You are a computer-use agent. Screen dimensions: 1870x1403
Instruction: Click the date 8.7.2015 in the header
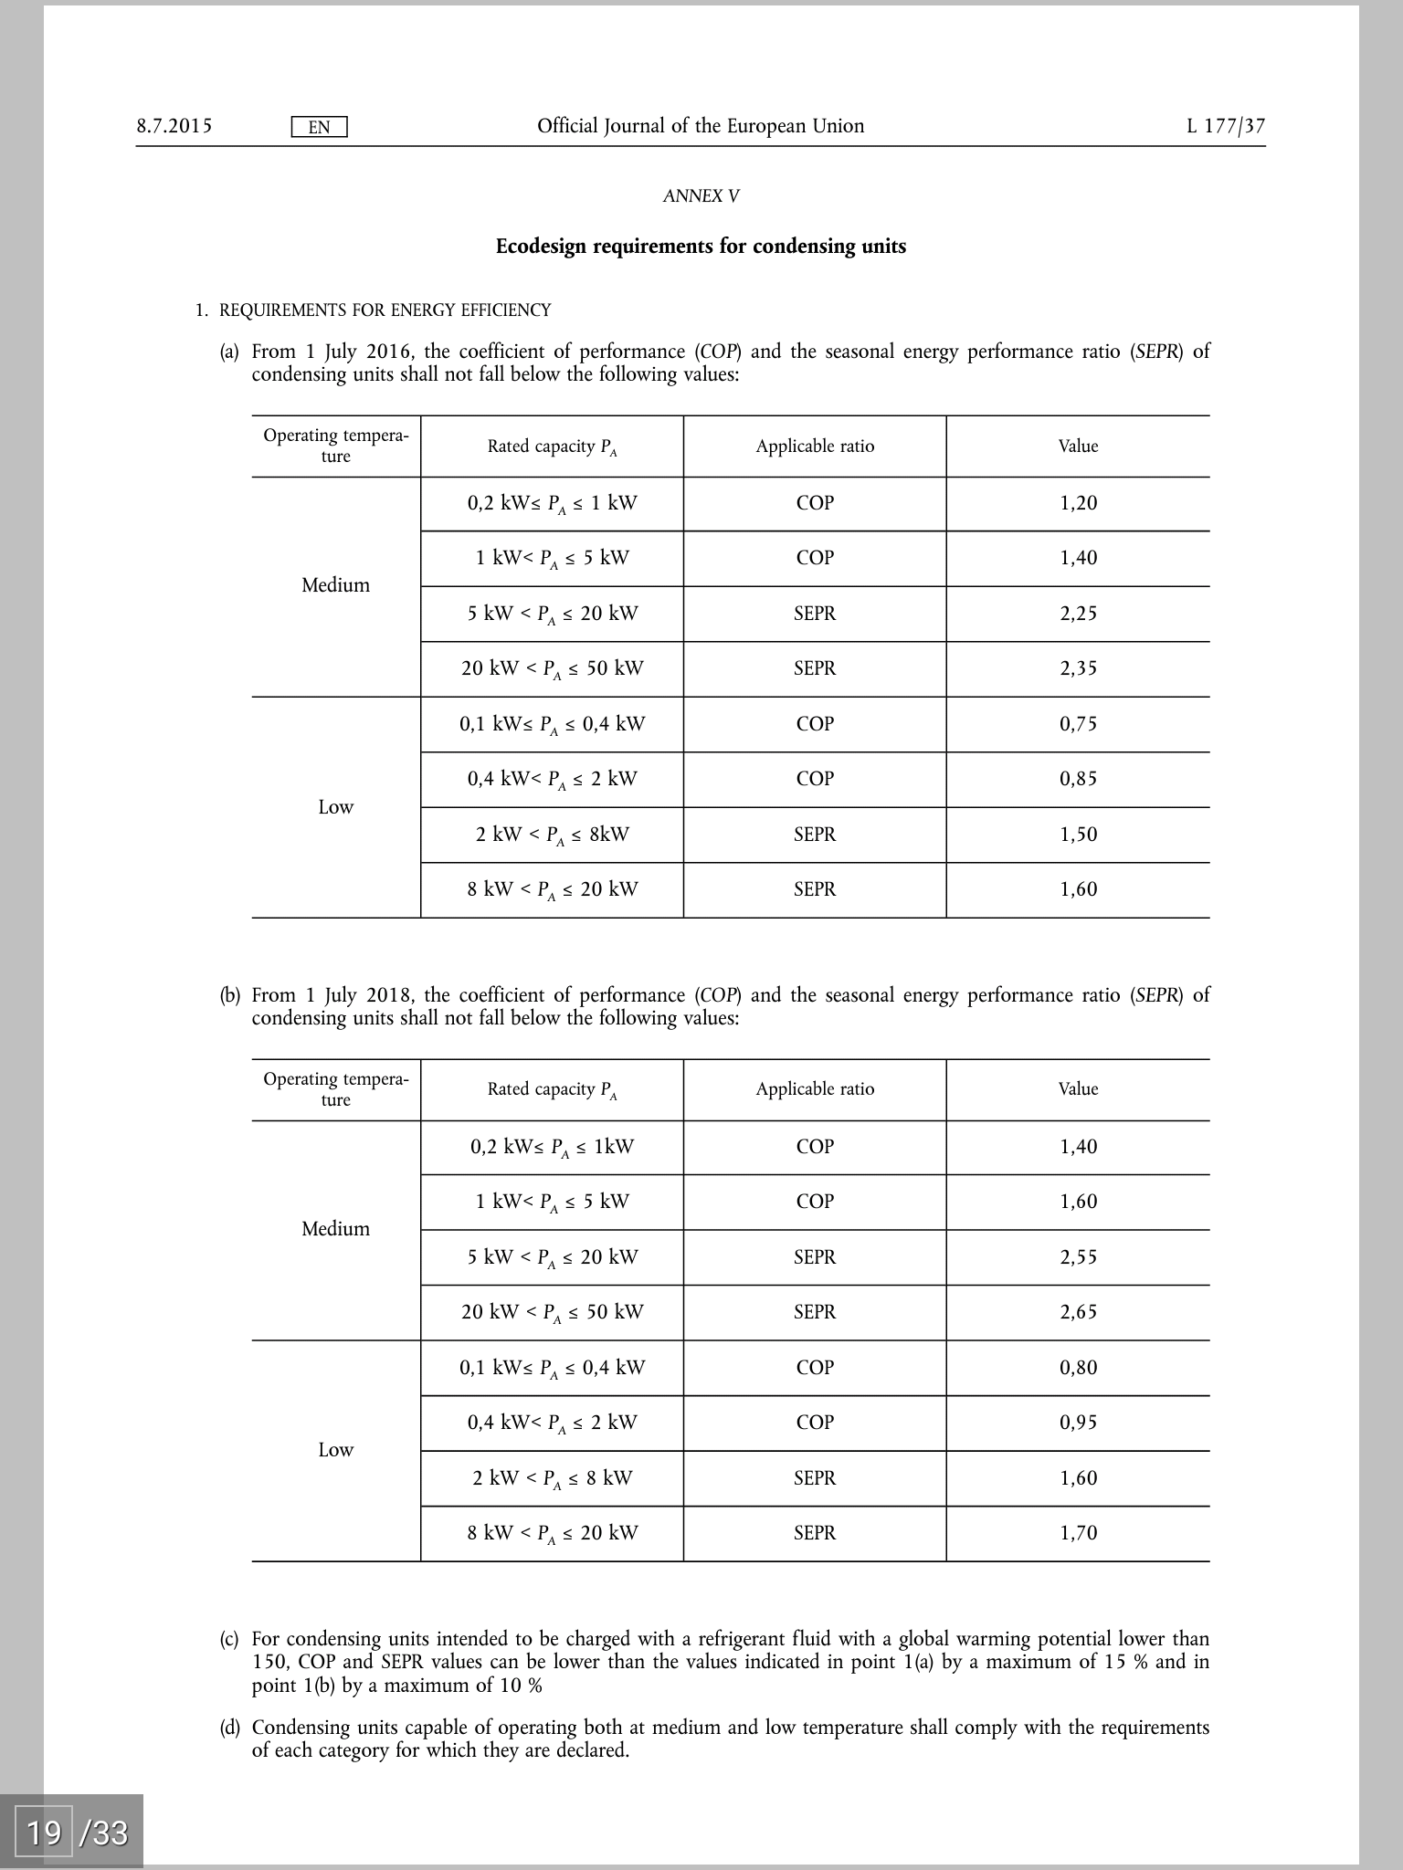tap(174, 126)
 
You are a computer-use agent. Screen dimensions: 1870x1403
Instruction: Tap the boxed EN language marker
tap(319, 127)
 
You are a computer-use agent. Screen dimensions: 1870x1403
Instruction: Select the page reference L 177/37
tap(1226, 126)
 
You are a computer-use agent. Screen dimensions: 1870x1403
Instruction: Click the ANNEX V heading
tap(701, 196)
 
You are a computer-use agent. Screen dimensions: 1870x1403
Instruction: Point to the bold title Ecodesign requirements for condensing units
tap(701, 247)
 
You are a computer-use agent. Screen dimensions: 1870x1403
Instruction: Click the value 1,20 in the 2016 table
tap(1078, 503)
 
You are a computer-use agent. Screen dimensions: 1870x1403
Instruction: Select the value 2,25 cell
tap(1078, 614)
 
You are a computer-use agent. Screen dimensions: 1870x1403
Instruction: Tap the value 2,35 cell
tap(1078, 668)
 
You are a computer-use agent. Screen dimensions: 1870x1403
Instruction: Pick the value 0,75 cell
tap(1078, 724)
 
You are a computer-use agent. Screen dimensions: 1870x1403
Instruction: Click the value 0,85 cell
tap(1078, 779)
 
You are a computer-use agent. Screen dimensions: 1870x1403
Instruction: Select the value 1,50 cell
tap(1078, 835)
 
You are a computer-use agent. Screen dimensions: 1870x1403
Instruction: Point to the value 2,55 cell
tap(1078, 1257)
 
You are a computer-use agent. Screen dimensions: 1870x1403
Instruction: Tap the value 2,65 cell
tap(1078, 1312)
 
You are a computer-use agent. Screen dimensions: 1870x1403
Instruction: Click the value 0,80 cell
tap(1078, 1368)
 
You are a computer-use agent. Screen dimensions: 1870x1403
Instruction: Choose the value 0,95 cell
tap(1078, 1423)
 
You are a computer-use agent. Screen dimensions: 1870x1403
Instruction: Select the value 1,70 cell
tap(1078, 1533)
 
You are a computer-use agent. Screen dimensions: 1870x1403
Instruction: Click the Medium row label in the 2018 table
tap(335, 1229)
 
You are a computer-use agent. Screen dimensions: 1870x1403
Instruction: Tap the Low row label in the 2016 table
tap(335, 807)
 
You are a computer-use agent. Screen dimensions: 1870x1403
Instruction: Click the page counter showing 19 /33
tap(77, 1831)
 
